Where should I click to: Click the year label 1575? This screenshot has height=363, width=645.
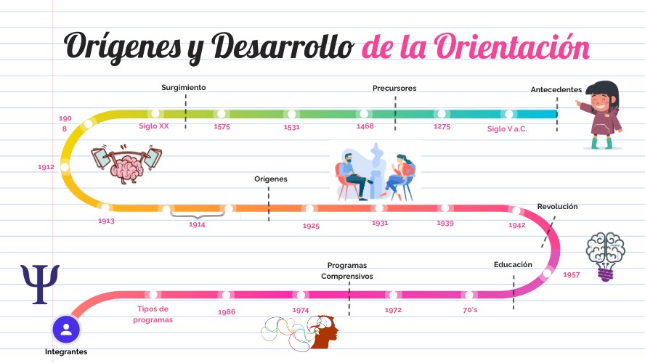[222, 127]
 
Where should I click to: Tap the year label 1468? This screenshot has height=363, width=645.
[365, 126]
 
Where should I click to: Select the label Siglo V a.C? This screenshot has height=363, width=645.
[507, 129]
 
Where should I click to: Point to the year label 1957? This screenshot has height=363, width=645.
[572, 274]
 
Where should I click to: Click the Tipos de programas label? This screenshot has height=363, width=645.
[153, 314]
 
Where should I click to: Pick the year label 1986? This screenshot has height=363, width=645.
[227, 311]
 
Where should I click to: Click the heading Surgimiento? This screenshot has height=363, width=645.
[184, 87]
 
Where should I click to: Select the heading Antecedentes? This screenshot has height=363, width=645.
[556, 90]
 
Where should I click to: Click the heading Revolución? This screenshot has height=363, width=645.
[557, 207]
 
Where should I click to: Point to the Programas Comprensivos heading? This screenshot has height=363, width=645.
[347, 271]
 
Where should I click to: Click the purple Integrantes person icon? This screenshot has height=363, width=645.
[66, 329]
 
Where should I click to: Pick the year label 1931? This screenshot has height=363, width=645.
[380, 223]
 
